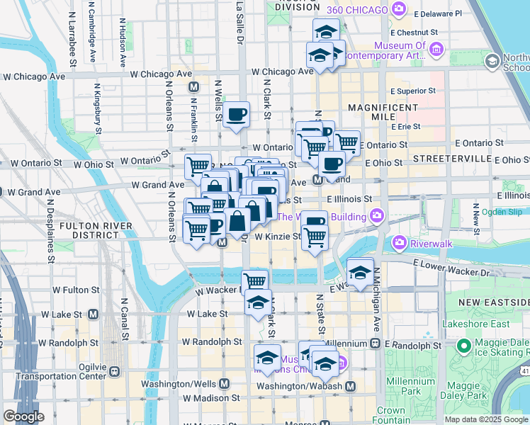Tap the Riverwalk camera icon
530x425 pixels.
pos(400,243)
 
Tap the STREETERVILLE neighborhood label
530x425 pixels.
pos(452,157)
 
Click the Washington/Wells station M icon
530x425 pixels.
pos(224,383)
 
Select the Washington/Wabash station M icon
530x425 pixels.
pos(350,386)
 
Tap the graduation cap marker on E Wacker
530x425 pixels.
pos(360,271)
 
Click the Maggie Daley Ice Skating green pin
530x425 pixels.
pos(464,346)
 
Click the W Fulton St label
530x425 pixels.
pos(76,290)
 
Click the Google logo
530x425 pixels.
pos(23,416)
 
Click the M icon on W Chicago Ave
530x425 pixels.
pos(193,86)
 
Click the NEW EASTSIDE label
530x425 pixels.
pos(493,302)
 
